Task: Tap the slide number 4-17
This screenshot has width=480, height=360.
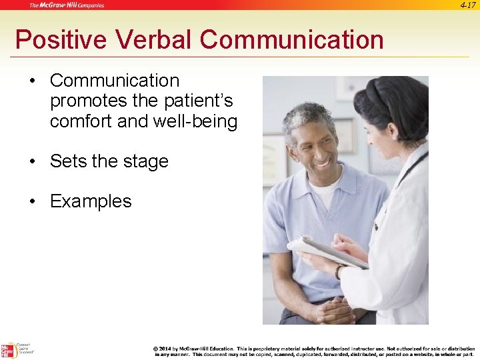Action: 468,5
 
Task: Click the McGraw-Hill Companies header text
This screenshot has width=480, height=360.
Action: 67,5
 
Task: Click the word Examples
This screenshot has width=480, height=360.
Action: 91,201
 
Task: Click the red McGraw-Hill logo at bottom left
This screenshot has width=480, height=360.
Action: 9,351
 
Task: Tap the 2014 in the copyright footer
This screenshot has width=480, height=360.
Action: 165,349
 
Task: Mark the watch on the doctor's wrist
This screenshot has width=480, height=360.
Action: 339,271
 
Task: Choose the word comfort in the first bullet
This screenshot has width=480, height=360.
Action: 81,122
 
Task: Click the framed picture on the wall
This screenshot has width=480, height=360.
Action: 345,137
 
